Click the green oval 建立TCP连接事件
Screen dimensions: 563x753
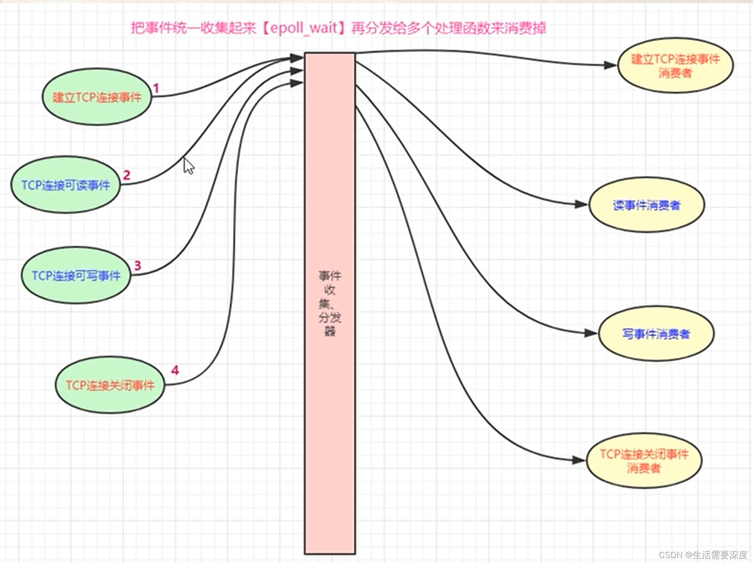97,97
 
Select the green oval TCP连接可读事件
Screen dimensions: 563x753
65,185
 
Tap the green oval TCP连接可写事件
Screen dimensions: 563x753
76,275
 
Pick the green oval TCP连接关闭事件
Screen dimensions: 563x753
110,385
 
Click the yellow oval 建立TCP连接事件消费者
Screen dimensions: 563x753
675,65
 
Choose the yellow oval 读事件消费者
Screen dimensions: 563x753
646,205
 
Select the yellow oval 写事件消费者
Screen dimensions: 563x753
656,334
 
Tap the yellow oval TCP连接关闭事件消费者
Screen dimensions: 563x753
644,461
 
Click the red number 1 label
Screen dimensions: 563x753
156,89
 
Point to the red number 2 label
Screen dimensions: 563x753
127,175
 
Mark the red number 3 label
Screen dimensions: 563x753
138,265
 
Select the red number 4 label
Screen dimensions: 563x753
175,370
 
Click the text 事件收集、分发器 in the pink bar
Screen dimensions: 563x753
330,303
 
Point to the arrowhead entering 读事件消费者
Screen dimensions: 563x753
581,205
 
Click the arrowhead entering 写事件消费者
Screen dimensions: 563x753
591,334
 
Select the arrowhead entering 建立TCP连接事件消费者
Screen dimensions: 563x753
610,65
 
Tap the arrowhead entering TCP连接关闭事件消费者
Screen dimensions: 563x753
579,460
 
